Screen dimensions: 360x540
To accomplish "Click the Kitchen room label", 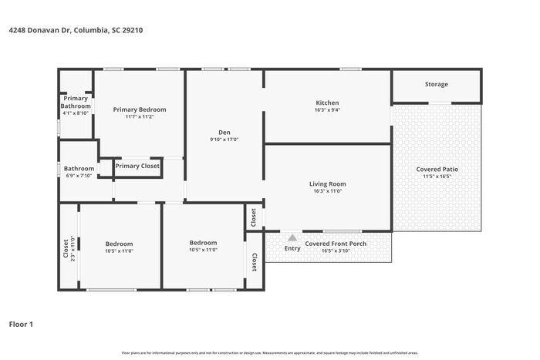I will coord(327,103).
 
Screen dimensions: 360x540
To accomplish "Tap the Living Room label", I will coord(327,183).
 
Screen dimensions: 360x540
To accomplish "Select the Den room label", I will coord(224,132).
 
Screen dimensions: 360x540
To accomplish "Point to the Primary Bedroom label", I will coord(140,109).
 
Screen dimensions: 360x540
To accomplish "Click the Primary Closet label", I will coord(137,166).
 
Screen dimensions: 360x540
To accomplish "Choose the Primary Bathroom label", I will coord(76,102).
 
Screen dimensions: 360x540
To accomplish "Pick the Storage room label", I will coord(436,84).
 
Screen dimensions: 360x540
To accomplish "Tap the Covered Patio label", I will coord(436,169).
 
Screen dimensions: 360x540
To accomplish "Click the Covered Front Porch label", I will coord(335,244).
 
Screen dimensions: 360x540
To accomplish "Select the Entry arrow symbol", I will coord(292,239).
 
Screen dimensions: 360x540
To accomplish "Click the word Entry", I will coord(292,248).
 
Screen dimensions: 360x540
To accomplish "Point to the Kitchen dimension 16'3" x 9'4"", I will coord(327,110).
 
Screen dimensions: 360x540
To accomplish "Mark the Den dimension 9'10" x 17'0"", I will coord(224,140).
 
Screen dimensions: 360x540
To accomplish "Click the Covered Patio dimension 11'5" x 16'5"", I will coord(436,177).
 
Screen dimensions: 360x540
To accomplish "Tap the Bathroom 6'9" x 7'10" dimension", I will coord(79,176).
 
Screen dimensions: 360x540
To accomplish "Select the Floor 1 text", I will coord(21,324).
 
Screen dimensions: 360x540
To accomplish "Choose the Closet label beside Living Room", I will coord(254,218).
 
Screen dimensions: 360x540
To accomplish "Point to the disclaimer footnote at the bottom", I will coord(269,352).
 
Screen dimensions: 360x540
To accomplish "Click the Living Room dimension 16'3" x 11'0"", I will coord(327,191).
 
